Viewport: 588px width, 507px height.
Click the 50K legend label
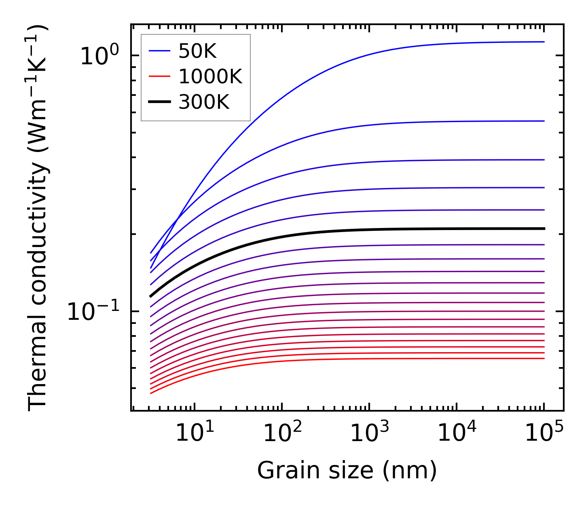[x=197, y=51]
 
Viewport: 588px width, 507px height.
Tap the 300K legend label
[x=204, y=102]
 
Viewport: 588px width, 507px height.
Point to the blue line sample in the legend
[x=160, y=51]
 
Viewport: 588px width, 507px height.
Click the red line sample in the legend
[x=160, y=77]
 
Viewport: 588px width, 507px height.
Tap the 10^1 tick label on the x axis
[x=195, y=433]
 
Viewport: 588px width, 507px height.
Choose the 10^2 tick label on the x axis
[x=282, y=433]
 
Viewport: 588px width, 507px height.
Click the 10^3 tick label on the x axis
[x=369, y=433]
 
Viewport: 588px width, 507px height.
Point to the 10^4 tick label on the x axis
[x=457, y=433]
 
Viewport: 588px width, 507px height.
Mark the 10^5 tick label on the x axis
[x=544, y=433]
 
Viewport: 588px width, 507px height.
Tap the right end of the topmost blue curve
[x=544, y=42]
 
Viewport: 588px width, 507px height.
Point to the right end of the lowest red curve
[x=544, y=358]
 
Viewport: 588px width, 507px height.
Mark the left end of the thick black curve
[x=150, y=296]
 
